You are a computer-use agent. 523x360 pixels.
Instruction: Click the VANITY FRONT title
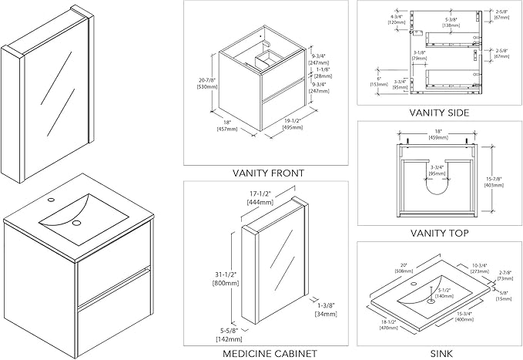pyautogui.click(x=268, y=173)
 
